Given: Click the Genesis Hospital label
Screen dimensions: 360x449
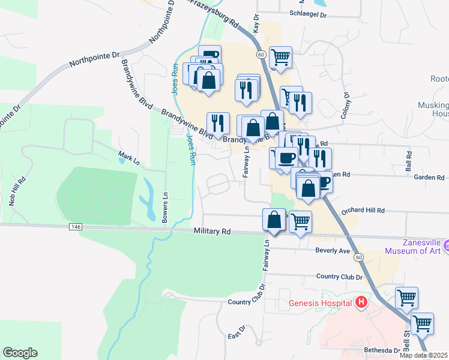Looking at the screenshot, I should click(321, 303).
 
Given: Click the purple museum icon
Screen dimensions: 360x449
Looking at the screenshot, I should click(447, 244).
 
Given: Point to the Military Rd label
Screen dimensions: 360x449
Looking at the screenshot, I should click(212, 231).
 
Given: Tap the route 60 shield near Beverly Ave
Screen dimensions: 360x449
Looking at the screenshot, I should click(358, 257).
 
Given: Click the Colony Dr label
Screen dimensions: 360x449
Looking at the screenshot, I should click(346, 104).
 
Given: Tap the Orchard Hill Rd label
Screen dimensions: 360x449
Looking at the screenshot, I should click(363, 211).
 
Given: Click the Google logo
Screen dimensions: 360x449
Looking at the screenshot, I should click(19, 353).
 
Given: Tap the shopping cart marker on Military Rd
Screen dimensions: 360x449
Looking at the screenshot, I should click(301, 222).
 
